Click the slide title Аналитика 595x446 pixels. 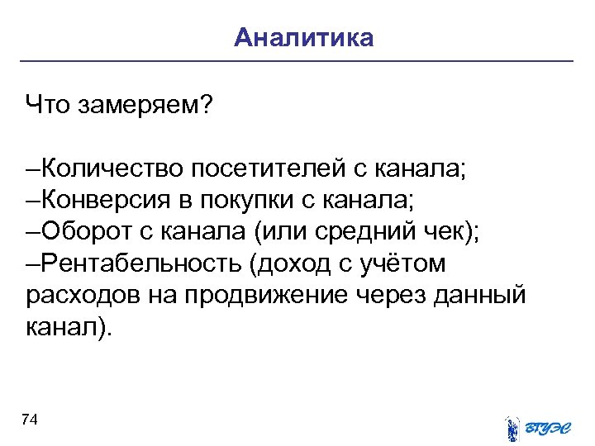click(x=303, y=38)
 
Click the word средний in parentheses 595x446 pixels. click(x=361, y=232)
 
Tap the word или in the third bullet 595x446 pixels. click(x=283, y=232)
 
